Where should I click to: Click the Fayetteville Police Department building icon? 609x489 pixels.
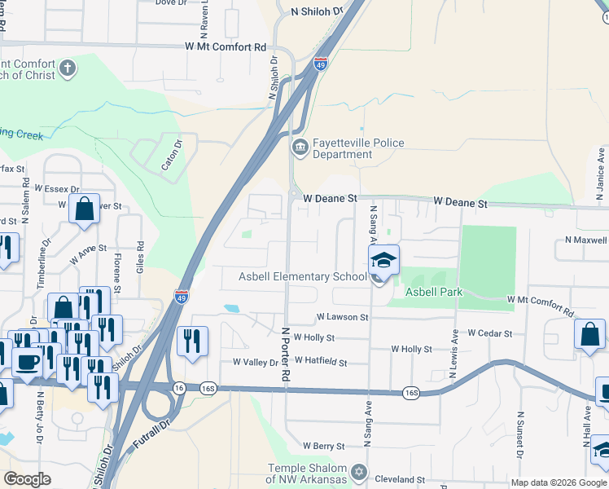click(299, 148)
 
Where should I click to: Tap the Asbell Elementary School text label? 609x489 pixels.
click(302, 277)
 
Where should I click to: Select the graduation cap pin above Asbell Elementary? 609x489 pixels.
click(383, 260)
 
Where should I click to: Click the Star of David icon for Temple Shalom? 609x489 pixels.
click(359, 472)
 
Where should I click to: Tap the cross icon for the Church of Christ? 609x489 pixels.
click(68, 68)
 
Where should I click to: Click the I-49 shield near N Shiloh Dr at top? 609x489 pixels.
click(321, 63)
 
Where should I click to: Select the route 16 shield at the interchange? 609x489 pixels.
click(178, 389)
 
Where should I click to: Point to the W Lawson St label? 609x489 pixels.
click(342, 316)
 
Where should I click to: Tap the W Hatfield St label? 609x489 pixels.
click(321, 361)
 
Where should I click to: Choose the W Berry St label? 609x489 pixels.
click(324, 446)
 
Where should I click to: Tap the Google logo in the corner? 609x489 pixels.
click(27, 479)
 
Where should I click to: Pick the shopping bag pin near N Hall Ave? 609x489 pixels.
click(589, 334)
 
